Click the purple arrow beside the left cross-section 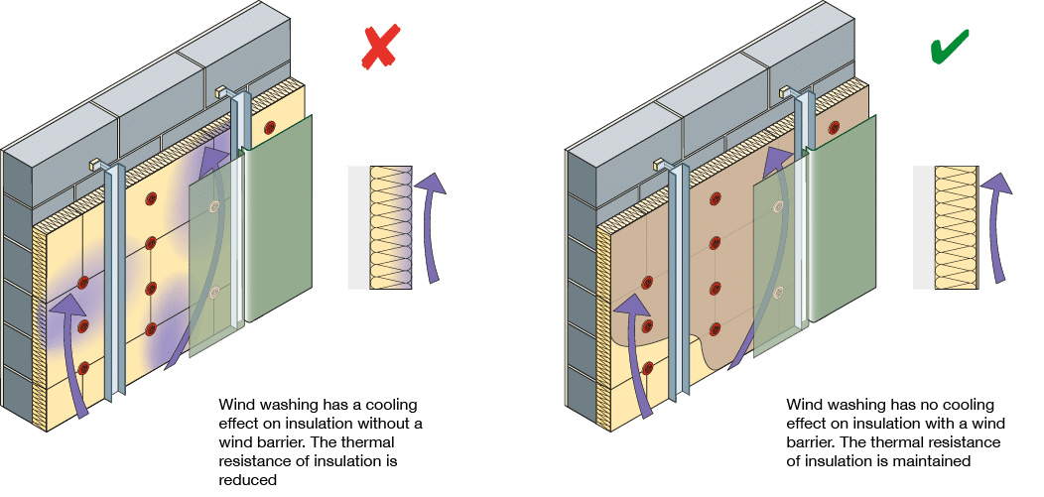coord(430,222)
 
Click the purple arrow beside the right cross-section coord(996,222)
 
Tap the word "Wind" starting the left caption coord(235,405)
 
